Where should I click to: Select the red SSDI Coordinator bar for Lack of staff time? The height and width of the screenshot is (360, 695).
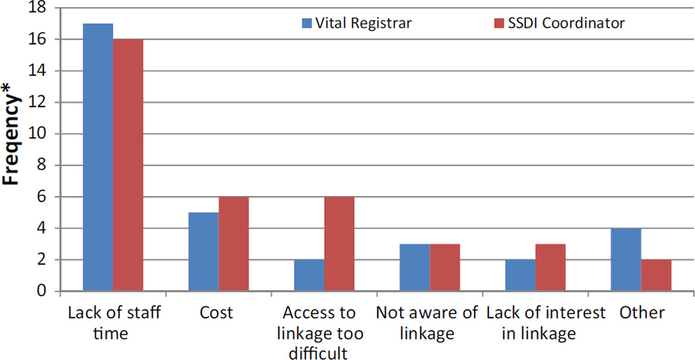pos(128,165)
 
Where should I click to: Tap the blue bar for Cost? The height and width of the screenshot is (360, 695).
pos(203,251)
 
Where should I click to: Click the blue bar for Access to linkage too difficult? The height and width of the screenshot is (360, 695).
pos(309,275)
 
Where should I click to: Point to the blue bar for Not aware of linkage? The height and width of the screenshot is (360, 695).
pos(415,267)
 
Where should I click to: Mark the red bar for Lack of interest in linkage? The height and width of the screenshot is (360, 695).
pos(551,267)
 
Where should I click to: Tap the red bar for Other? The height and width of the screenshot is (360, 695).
pos(656,275)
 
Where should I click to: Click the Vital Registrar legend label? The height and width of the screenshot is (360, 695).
pos(363,23)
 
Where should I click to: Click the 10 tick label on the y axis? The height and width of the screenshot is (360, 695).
pos(42,134)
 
